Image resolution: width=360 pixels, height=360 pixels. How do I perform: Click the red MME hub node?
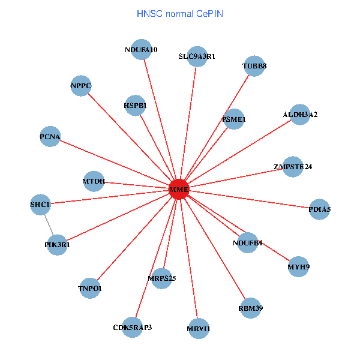point(179,190)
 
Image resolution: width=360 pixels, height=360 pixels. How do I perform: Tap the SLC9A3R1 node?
point(197,56)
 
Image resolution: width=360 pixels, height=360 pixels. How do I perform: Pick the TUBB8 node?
point(254,66)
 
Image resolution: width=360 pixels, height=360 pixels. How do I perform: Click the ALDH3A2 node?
point(299,114)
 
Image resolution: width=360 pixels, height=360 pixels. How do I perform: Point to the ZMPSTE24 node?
point(292,166)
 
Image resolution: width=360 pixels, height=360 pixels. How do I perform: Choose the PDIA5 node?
point(319,209)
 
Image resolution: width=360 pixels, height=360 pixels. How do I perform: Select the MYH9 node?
point(298,266)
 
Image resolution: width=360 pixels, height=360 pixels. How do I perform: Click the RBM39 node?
point(250,308)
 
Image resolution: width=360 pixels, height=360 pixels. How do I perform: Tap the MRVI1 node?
point(198,328)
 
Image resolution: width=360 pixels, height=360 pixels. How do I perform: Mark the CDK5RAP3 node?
point(133,327)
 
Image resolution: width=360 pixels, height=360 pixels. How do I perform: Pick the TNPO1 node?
point(90,289)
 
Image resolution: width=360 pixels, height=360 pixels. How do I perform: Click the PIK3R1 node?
point(56,245)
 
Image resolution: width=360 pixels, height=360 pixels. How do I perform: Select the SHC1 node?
point(41,205)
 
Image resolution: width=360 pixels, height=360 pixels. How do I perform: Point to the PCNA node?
point(50,137)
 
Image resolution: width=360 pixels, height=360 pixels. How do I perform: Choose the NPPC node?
point(80,86)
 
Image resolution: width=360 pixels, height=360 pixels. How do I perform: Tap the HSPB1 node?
point(135,106)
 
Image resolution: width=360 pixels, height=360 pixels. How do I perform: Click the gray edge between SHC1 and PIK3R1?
point(49,225)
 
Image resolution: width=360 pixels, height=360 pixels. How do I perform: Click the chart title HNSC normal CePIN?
point(180,13)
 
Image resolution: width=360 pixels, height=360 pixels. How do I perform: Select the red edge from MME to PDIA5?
point(252,200)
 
